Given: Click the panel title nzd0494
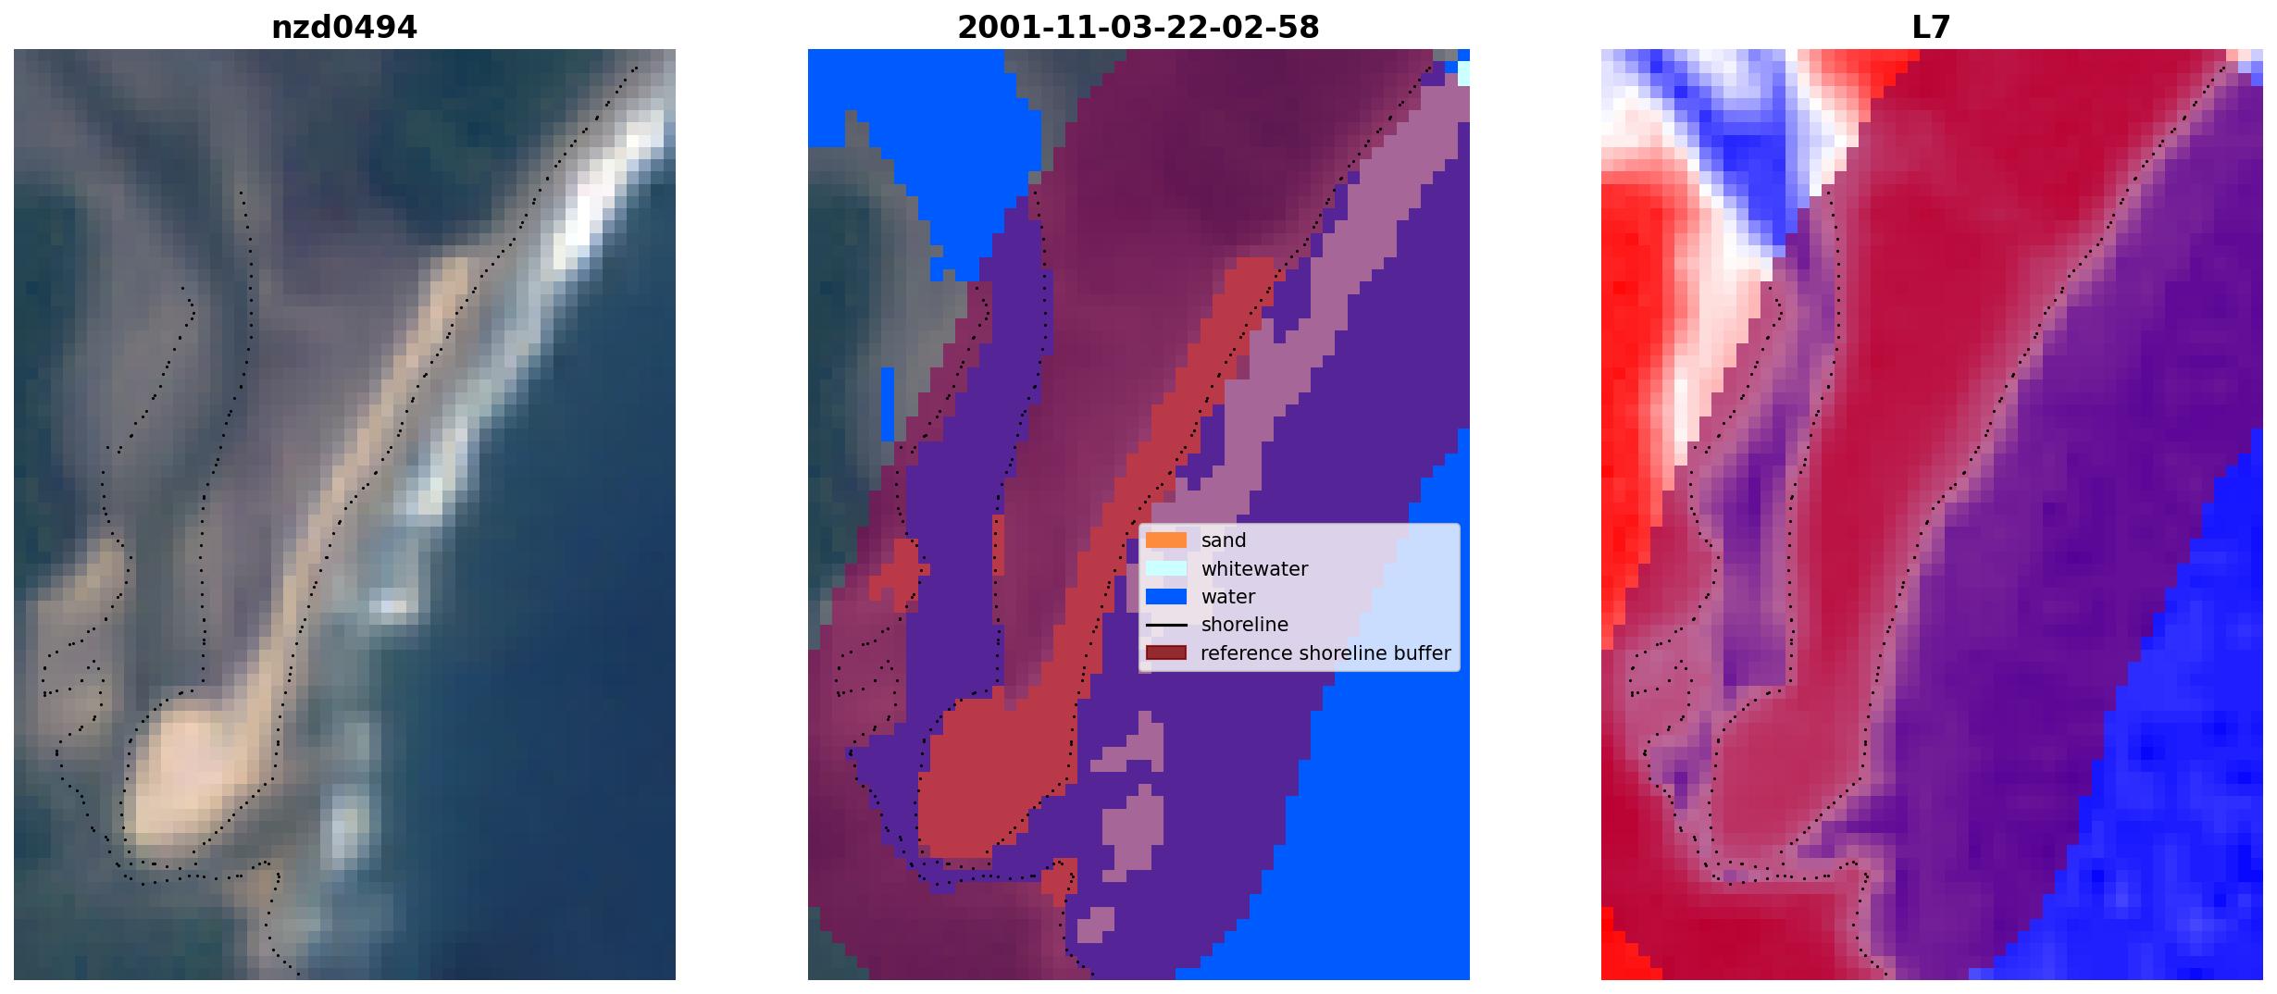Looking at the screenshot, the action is tap(343, 28).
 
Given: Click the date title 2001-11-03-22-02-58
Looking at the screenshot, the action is tap(1138, 28).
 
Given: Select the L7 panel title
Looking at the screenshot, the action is tap(1931, 28).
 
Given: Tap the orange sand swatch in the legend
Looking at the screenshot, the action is tap(1166, 540).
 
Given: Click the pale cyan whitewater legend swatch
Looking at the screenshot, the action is tap(1166, 568).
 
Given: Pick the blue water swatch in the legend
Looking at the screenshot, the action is tap(1166, 597).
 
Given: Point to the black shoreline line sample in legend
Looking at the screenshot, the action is tap(1166, 626).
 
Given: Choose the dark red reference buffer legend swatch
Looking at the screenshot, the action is tap(1166, 653).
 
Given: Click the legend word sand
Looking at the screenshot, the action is tap(1224, 540).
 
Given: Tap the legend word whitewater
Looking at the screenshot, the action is tap(1254, 569).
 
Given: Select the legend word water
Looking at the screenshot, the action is tap(1228, 597).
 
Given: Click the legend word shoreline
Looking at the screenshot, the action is tap(1245, 625).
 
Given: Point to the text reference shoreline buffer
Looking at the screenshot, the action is tap(1325, 653).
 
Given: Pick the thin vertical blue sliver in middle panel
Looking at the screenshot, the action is tap(888, 404).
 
